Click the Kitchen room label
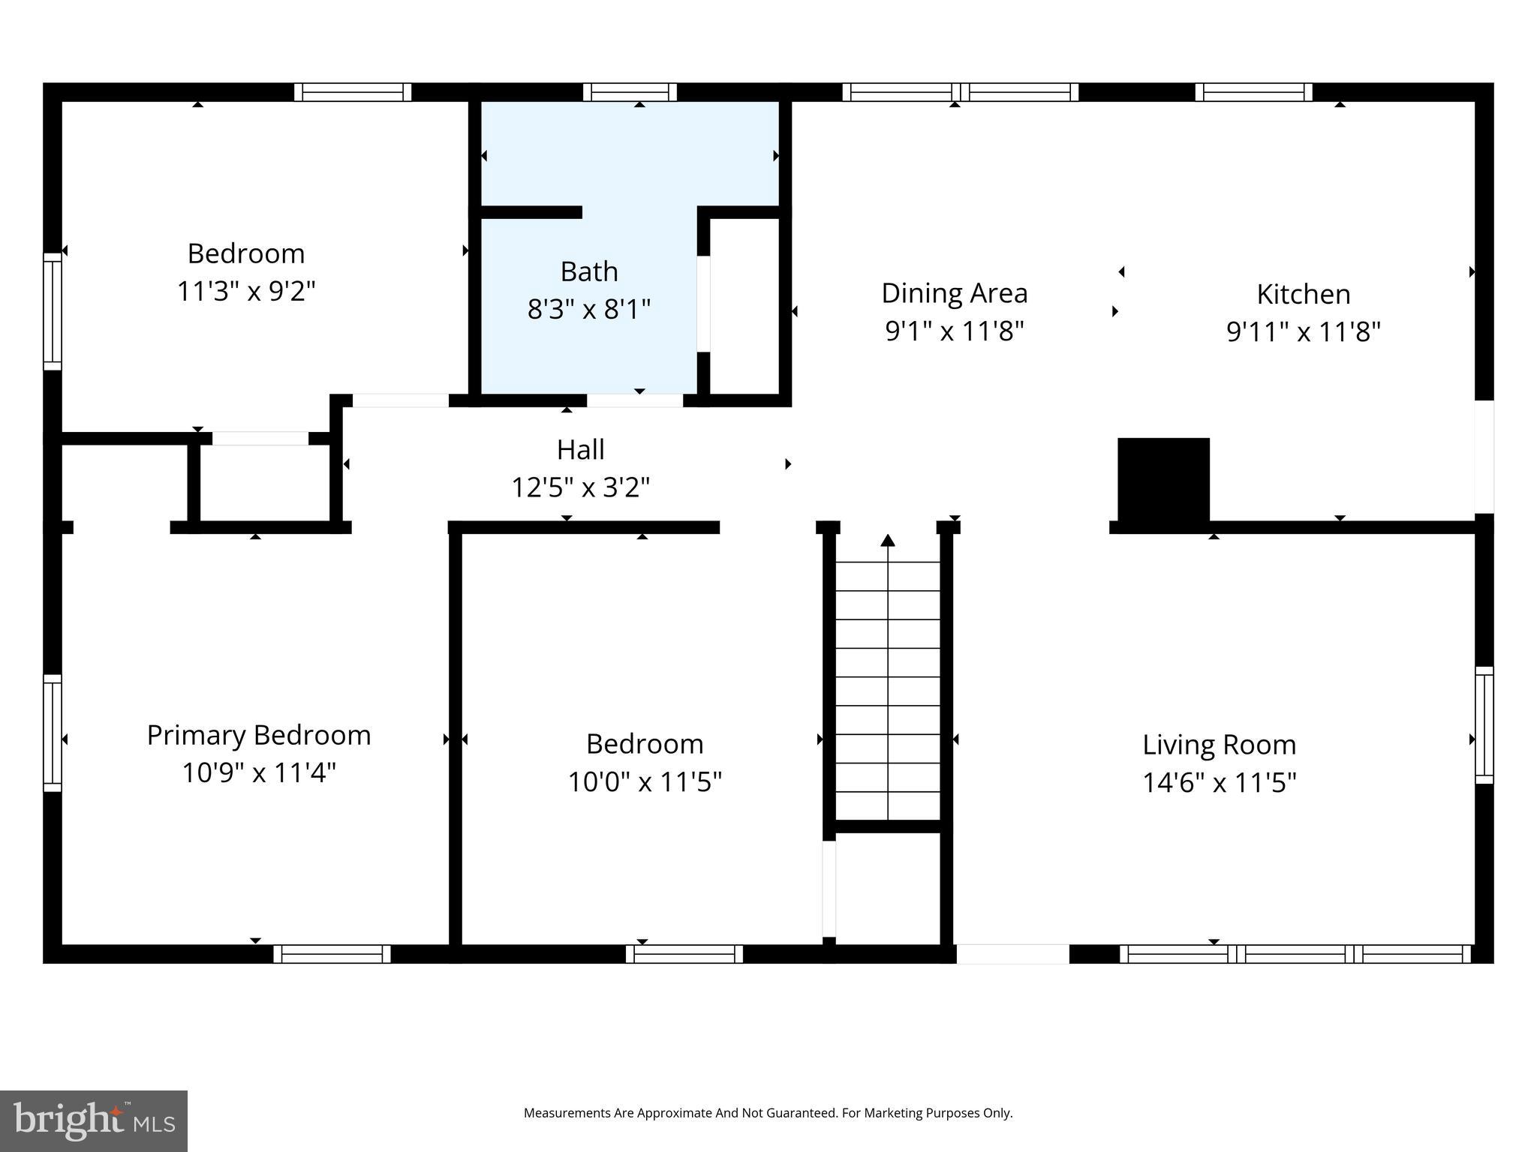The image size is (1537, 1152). coord(1304,294)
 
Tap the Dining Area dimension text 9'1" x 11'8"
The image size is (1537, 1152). coord(954,331)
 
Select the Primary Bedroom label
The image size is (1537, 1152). coord(259,735)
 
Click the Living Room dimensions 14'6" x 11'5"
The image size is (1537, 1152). coord(1219,783)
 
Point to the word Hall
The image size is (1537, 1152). coord(580,450)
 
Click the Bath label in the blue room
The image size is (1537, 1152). coord(589,271)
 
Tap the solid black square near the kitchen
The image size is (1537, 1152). coord(1163,479)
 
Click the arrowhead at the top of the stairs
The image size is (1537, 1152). coord(888,540)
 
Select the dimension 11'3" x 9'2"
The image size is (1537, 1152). coord(246,291)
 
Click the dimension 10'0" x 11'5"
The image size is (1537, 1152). coord(645,782)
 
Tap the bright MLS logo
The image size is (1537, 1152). coord(94,1120)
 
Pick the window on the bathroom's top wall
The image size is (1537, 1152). coord(630,92)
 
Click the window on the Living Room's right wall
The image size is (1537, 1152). coord(1484,724)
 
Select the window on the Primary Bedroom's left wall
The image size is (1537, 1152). coord(52,733)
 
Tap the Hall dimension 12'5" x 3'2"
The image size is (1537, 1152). coord(580,487)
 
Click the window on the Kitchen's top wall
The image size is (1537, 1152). coord(1253,92)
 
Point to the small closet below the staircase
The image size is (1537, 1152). coord(888,885)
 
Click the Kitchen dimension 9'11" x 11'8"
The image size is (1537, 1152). coord(1304,331)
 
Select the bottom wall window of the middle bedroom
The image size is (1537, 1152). coord(684,954)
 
